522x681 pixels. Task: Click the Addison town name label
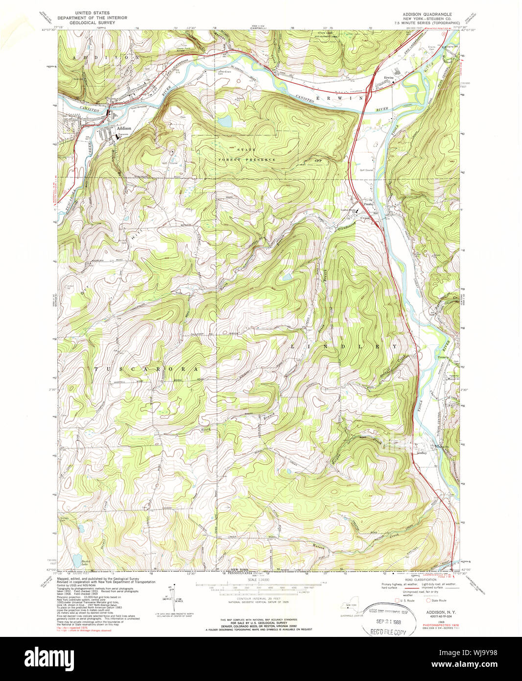coord(124,128)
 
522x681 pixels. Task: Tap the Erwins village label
coord(389,77)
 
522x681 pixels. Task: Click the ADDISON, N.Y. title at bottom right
coord(440,612)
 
